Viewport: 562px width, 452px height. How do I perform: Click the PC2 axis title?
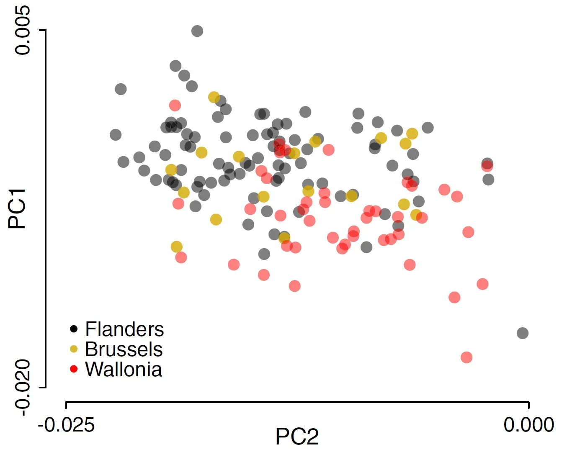click(297, 437)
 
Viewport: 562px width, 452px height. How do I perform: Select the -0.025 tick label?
click(66, 425)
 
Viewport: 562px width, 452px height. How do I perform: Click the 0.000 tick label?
click(528, 424)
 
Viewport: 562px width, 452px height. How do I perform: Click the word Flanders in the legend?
click(124, 329)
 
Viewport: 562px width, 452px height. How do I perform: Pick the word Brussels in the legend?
click(124, 349)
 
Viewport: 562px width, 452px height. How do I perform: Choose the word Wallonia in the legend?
click(123, 370)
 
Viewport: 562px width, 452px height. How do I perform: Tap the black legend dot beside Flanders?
click(74, 329)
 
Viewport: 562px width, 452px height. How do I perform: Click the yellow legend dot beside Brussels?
click(74, 349)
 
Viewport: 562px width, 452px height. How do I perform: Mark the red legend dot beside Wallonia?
click(74, 369)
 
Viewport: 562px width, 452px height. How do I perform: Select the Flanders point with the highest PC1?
click(197, 31)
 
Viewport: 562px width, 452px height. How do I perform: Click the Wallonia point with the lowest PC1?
click(467, 357)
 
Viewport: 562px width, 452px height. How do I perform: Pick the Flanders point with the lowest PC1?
click(523, 333)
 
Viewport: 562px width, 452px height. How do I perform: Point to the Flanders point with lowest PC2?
click(116, 135)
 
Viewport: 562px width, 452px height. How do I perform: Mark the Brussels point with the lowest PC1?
click(177, 247)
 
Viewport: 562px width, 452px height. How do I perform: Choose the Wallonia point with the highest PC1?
click(175, 105)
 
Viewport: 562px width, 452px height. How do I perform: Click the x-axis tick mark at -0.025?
click(66, 405)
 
